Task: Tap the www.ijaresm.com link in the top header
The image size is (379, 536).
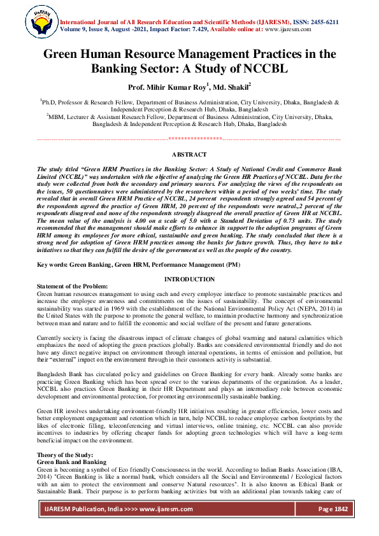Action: point(287,29)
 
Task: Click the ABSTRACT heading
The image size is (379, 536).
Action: point(189,155)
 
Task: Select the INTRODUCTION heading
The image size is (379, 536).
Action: point(189,279)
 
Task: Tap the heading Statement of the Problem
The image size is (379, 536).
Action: point(73,286)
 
